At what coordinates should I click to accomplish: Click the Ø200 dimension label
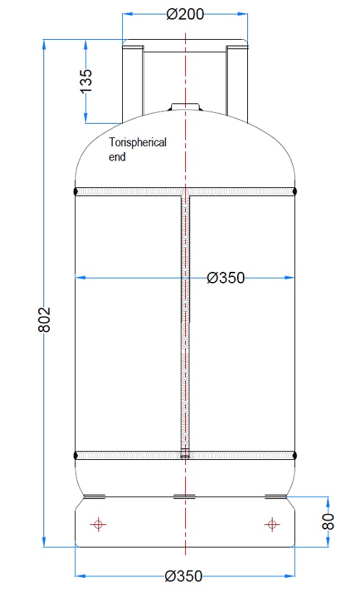click(x=185, y=14)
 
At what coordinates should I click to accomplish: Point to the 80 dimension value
click(x=329, y=521)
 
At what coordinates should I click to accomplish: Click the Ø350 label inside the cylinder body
click(x=226, y=277)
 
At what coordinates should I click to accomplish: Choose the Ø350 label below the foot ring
click(x=184, y=576)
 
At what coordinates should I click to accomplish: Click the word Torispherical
click(x=137, y=142)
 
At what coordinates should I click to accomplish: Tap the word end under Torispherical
click(x=116, y=156)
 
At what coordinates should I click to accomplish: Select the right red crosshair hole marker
click(x=272, y=524)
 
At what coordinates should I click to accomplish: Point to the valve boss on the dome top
click(x=185, y=108)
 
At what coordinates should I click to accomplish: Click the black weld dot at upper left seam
click(x=76, y=191)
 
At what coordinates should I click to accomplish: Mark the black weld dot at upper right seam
click(x=295, y=191)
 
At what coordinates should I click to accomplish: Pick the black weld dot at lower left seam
click(x=76, y=456)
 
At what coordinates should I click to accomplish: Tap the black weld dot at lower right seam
click(x=295, y=456)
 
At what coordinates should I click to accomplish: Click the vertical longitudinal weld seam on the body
click(x=185, y=325)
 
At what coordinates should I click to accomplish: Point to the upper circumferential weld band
click(x=130, y=192)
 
